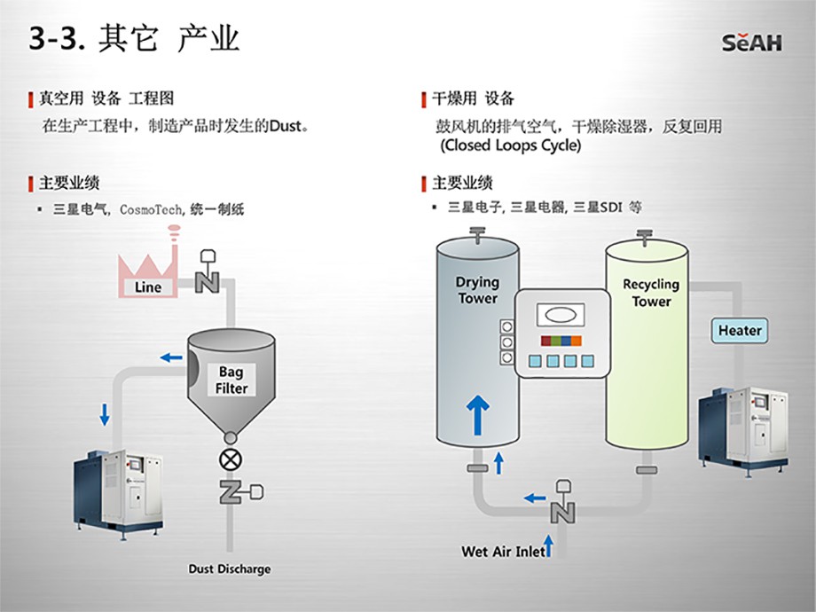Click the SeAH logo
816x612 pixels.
[751, 42]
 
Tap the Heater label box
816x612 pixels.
[740, 331]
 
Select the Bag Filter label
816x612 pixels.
[231, 381]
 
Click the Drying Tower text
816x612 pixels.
[477, 290]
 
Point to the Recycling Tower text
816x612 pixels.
[651, 293]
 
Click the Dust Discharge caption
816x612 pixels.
[230, 569]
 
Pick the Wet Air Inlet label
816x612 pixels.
[503, 552]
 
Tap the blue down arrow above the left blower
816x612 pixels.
[106, 413]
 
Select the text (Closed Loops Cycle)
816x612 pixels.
[510, 145]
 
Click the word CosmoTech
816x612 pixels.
[152, 210]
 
